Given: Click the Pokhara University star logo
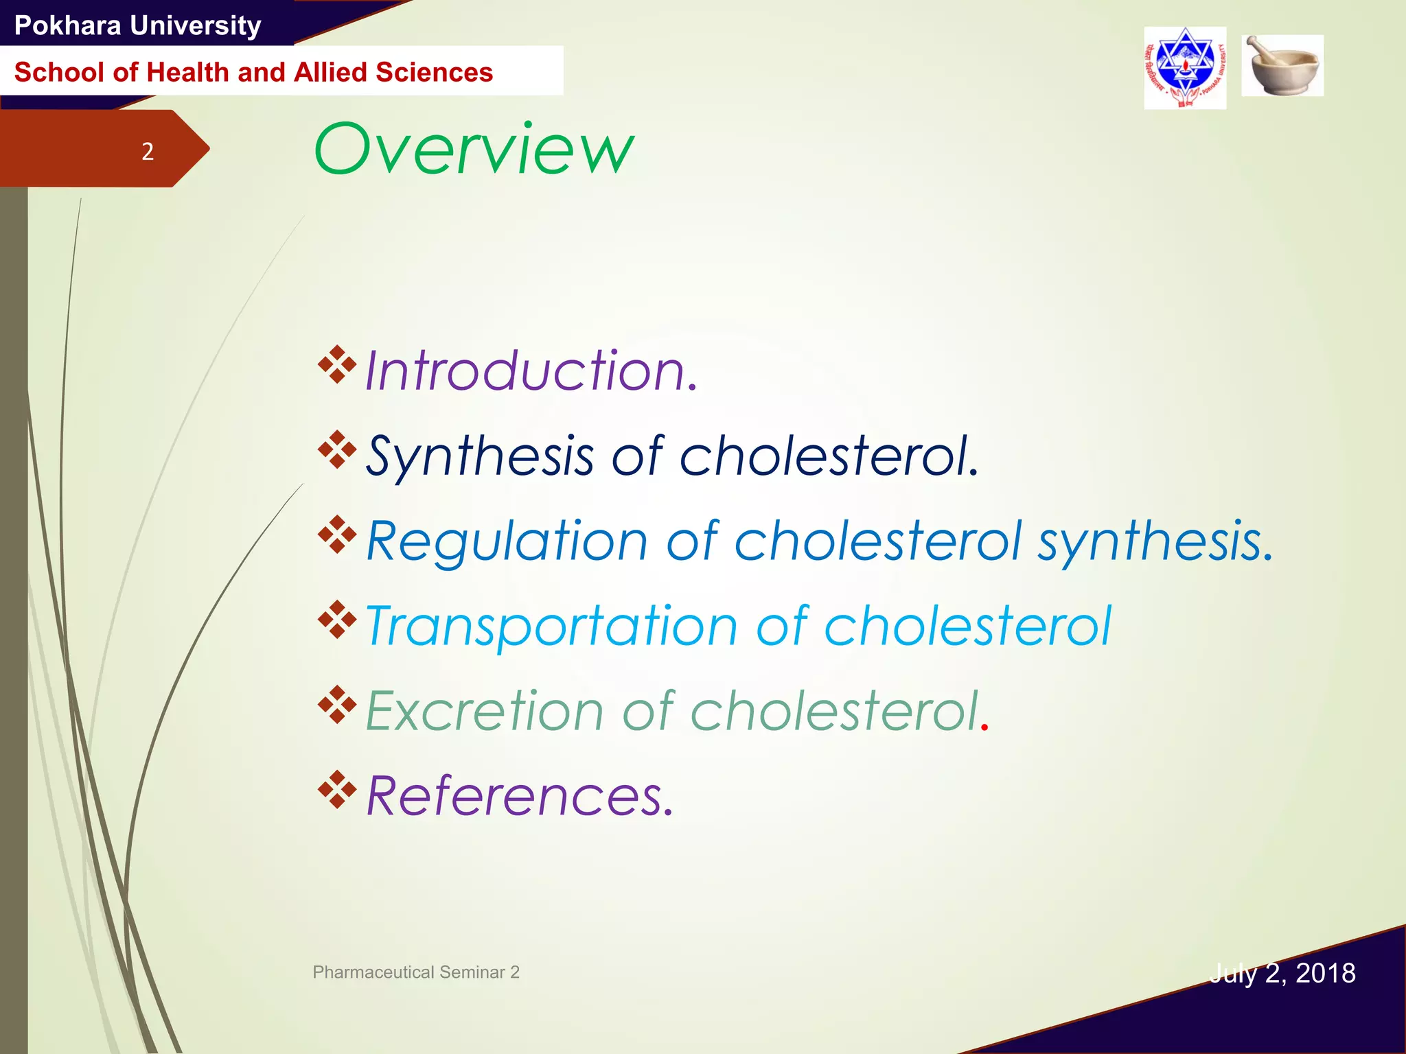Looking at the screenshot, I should (1185, 68).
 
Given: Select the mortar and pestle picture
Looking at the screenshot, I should (1282, 66).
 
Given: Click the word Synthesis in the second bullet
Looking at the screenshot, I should (480, 456).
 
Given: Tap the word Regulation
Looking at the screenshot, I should (507, 541).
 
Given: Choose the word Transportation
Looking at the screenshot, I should (551, 626).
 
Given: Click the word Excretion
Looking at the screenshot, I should (485, 712).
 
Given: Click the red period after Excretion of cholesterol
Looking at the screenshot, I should (985, 728).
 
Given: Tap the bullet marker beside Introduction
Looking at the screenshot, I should (337, 364).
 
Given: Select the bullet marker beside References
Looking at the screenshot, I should (337, 789).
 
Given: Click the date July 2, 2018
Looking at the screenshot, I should (1282, 973).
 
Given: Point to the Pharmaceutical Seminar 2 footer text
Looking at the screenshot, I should (416, 972).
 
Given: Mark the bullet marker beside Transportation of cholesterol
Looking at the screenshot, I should (337, 619).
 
